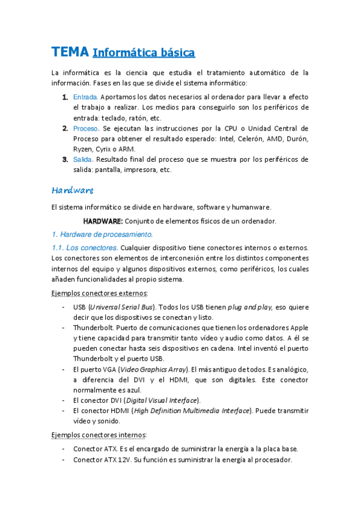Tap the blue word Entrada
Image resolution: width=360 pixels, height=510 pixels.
(85, 97)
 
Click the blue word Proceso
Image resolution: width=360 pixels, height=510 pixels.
(86, 128)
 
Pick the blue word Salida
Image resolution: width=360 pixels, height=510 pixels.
(83, 159)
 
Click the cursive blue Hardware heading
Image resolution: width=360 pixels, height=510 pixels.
(72, 190)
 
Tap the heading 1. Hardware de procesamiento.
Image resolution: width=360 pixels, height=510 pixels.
(102, 234)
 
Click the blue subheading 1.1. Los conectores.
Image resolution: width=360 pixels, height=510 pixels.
(85, 247)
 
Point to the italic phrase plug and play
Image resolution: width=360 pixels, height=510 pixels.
(249, 307)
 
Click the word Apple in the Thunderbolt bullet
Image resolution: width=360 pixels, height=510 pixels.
(299, 328)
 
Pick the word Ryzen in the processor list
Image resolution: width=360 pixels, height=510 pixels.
(84, 149)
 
